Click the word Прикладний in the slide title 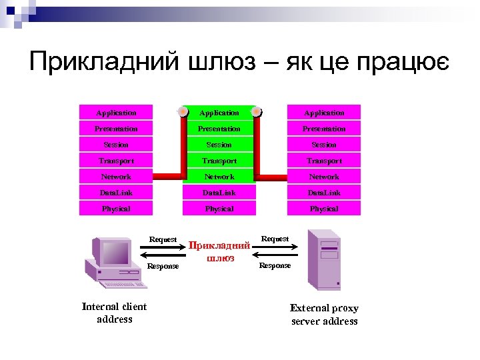pos(105,62)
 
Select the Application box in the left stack pos(116,113)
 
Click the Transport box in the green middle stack pos(219,161)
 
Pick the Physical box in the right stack pos(324,209)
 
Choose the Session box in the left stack pos(116,145)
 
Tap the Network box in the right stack pos(324,177)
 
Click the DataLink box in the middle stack pos(219,193)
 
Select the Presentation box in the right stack pos(324,129)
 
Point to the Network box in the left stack pos(116,177)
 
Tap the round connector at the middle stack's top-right pos(257,111)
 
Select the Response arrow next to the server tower pos(275,256)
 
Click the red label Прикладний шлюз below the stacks pos(220,251)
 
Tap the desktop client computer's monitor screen pos(114,253)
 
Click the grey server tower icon pos(323,259)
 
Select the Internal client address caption pos(115,313)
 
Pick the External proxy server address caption pos(325,315)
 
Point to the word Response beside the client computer pos(163,266)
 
